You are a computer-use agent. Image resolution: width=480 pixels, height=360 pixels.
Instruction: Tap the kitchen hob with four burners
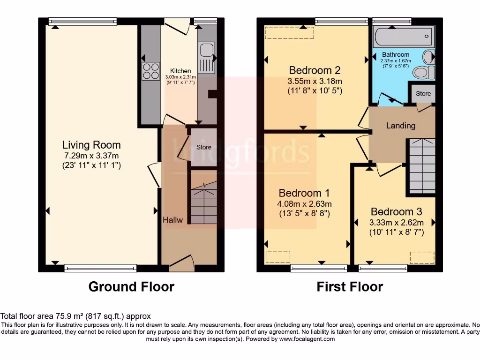[x=150, y=71]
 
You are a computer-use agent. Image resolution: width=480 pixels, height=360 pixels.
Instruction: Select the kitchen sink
[x=206, y=56]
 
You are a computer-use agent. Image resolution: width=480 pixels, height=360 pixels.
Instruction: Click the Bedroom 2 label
[x=315, y=70]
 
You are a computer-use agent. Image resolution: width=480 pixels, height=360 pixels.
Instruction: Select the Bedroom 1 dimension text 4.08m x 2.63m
[x=305, y=204]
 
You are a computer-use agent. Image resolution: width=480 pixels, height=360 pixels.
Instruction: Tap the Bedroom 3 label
[x=396, y=211]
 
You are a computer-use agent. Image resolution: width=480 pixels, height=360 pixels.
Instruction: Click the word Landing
[x=400, y=126]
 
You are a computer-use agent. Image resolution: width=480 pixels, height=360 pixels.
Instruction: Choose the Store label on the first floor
[x=423, y=93]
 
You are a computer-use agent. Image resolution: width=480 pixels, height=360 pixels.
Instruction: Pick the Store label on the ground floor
[x=203, y=147]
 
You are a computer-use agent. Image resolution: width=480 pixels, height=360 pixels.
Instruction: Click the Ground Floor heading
[x=131, y=286]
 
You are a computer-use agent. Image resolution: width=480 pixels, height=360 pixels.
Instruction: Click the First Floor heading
[x=350, y=286]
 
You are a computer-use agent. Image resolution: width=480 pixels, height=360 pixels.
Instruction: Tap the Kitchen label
[x=180, y=71]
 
